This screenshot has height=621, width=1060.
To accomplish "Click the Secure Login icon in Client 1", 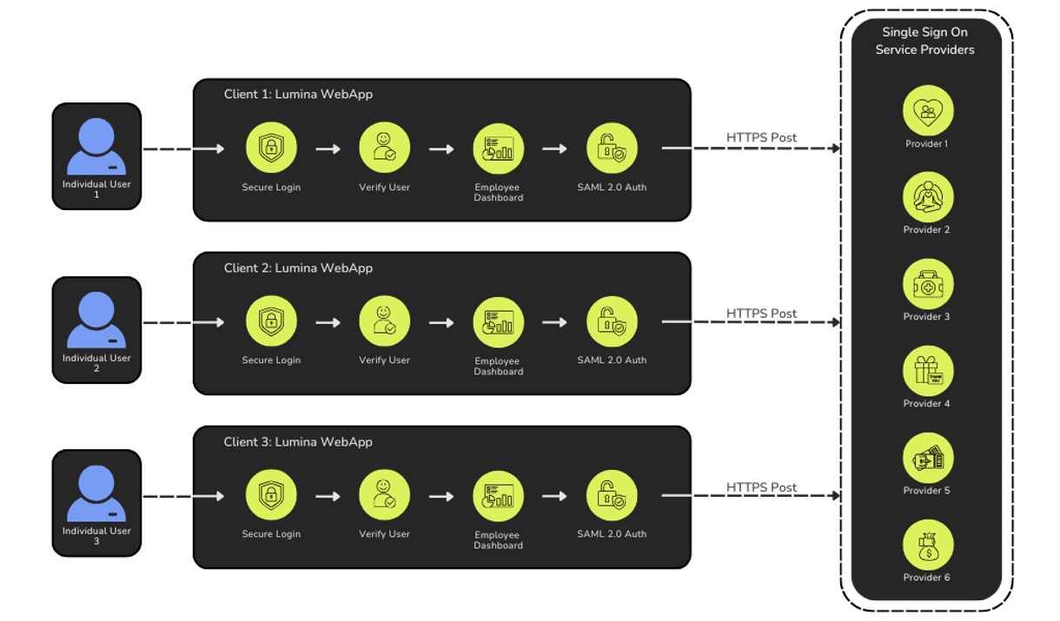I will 271,149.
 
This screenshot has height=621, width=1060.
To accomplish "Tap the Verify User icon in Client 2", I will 384,321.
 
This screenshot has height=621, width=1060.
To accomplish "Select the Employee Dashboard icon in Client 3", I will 498,496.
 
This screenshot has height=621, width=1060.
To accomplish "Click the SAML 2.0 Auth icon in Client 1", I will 612,149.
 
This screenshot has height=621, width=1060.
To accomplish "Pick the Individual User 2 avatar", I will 96,320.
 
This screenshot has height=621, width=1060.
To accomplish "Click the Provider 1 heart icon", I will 927,110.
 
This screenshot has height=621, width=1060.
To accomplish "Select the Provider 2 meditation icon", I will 927,197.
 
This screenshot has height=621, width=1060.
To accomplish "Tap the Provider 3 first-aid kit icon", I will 927,284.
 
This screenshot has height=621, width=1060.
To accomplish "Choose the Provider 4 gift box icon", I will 927,371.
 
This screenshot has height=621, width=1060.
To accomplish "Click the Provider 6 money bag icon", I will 927,545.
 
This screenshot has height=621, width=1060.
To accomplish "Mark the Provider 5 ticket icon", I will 927,458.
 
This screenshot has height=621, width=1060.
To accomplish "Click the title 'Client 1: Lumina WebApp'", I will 298,95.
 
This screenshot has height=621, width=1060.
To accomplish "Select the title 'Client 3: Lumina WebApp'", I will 298,442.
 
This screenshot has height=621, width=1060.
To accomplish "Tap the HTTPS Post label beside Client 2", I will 761,313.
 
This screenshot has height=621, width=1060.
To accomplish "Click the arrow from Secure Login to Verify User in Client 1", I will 328,149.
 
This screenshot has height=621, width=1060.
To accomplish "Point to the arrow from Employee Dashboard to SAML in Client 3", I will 554,497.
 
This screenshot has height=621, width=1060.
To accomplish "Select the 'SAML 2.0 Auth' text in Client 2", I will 612,360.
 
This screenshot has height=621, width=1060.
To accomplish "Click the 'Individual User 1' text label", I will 96,189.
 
